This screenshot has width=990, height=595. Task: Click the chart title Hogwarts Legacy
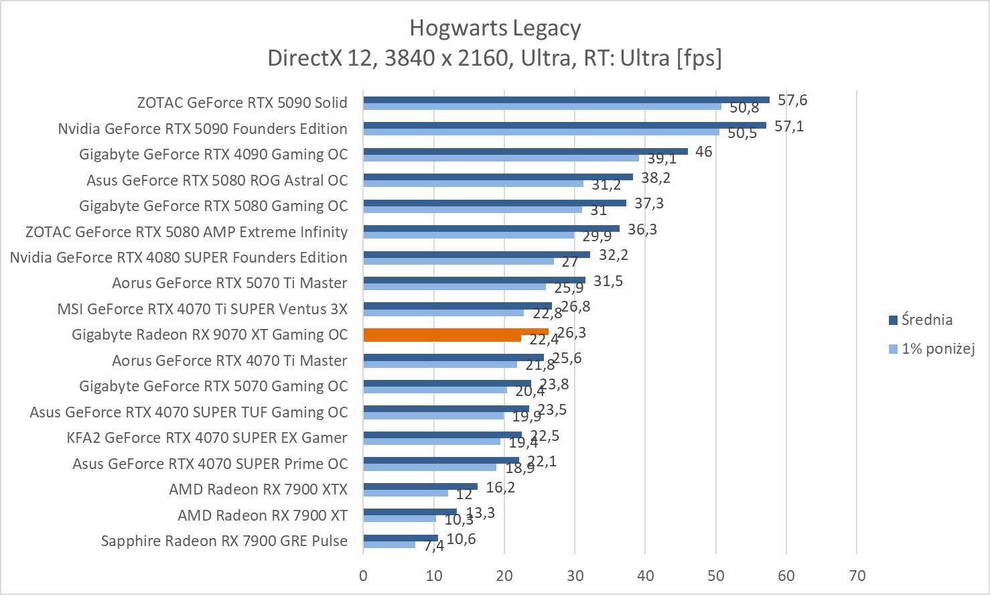(x=494, y=28)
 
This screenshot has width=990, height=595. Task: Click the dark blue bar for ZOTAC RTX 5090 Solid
(x=566, y=100)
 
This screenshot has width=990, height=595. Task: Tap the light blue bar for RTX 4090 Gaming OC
(x=501, y=157)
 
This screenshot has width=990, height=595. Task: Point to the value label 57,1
(x=789, y=126)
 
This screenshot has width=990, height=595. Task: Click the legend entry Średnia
(x=926, y=320)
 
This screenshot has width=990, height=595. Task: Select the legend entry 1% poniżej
(x=937, y=348)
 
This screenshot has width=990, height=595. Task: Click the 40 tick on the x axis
(x=645, y=576)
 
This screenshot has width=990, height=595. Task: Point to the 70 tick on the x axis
(x=857, y=576)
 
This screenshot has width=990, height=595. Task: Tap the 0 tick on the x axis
(x=363, y=576)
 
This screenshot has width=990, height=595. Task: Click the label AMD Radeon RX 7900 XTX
(x=258, y=489)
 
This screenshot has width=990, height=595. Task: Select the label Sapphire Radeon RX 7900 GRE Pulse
(x=224, y=541)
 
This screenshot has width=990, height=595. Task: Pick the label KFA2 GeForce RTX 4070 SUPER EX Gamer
(x=207, y=438)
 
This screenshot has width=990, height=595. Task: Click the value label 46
(x=703, y=151)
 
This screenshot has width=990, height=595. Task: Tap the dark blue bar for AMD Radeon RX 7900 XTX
(x=420, y=486)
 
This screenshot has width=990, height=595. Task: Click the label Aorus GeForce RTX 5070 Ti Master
(x=230, y=283)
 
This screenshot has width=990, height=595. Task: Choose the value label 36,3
(x=642, y=229)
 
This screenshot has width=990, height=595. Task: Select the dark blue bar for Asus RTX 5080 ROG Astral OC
(x=498, y=177)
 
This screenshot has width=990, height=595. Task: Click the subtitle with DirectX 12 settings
(x=494, y=58)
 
